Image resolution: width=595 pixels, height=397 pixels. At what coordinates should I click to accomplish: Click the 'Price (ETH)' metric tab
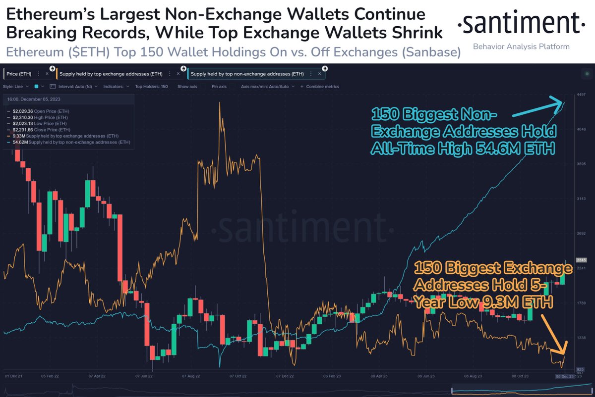pos(19,74)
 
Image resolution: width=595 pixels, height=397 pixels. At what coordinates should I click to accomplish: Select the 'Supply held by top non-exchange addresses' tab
pos(247,74)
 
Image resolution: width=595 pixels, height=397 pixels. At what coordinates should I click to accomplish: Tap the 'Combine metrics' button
pos(322,86)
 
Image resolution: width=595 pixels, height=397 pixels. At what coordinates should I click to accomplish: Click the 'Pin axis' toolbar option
pos(219,86)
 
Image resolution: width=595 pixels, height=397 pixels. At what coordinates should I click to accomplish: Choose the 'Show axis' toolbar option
pos(187,86)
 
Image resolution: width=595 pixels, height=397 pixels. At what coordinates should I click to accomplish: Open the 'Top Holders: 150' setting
pos(151,86)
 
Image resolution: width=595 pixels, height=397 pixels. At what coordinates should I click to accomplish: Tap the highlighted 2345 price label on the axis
pos(581,260)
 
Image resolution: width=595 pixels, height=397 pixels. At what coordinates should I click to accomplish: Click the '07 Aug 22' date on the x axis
pos(191,376)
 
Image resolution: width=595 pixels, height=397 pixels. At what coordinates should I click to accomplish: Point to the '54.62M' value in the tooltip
pos(20,143)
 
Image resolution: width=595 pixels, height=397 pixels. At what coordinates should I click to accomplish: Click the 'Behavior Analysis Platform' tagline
pos(521,47)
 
